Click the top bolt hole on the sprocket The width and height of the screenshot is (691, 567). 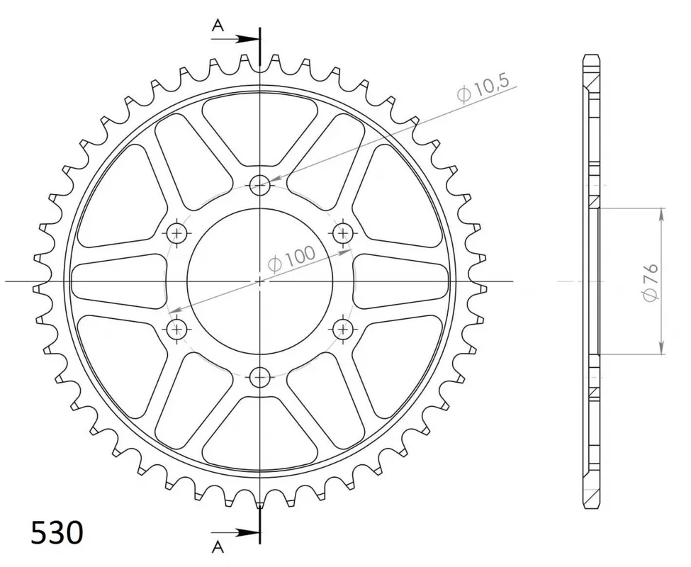(260, 186)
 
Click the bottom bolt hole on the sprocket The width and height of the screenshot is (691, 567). (260, 376)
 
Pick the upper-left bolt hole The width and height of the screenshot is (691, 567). (177, 233)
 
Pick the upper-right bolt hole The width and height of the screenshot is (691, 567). (344, 232)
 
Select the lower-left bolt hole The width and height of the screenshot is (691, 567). (177, 327)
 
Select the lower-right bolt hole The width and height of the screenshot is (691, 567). (344, 327)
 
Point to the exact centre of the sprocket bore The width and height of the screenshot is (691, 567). (260, 281)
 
